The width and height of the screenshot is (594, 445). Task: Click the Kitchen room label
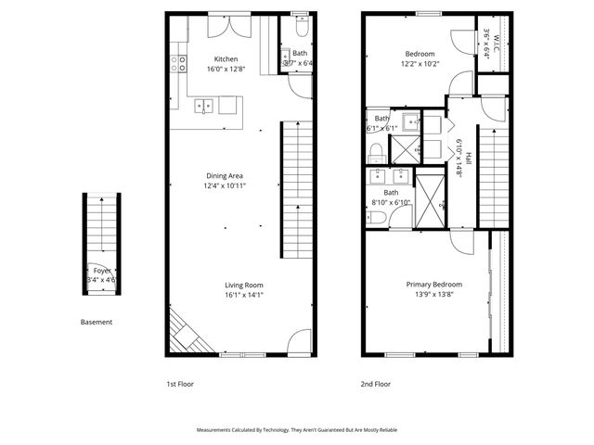tap(226, 57)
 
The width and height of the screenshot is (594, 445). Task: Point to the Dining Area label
tap(225, 175)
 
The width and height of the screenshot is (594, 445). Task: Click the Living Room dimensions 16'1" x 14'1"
tap(243, 296)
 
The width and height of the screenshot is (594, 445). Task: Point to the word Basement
tap(96, 323)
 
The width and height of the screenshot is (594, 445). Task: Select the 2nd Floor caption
tap(376, 382)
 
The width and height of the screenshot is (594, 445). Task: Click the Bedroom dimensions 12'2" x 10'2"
tap(420, 64)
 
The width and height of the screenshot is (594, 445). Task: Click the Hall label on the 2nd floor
tap(469, 158)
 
